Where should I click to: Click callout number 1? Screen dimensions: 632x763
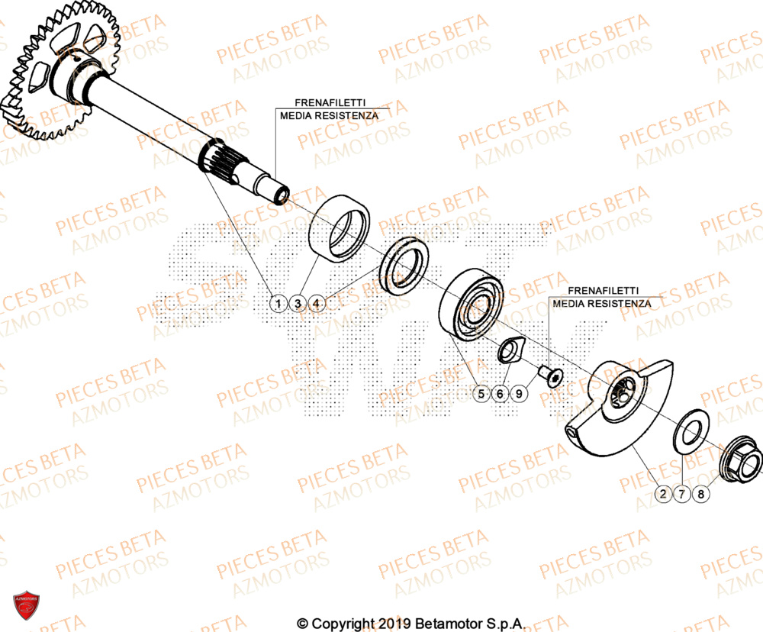(x=279, y=304)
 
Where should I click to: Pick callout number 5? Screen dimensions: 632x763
(x=481, y=394)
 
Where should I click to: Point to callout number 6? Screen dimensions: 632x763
(x=500, y=394)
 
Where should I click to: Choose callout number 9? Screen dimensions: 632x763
(x=519, y=394)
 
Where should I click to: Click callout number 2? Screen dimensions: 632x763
(x=663, y=494)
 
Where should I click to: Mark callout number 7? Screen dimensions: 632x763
(x=682, y=494)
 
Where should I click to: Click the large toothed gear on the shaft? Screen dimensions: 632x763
(x=46, y=76)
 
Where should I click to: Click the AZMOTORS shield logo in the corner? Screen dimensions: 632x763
(x=27, y=609)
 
